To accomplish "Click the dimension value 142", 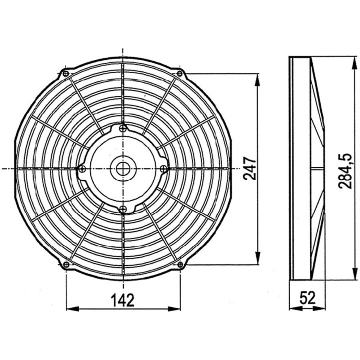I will [x=123, y=300].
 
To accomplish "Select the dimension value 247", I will [x=249, y=169].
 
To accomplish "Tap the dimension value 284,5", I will [x=345, y=169].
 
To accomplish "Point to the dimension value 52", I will [x=307, y=299].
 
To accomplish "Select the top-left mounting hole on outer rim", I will [x=66, y=74].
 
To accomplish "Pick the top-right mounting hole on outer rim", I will [x=180, y=74].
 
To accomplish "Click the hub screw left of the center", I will [x=82, y=169].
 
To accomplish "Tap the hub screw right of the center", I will [x=163, y=169].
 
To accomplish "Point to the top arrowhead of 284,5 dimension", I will [x=354, y=62].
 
